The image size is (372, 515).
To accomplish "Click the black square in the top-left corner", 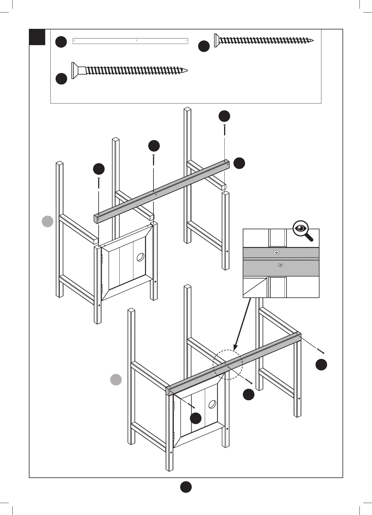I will (x=37, y=37).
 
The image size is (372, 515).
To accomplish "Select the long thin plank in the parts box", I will (x=130, y=41).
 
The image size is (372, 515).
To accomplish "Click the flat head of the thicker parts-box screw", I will (x=74, y=70).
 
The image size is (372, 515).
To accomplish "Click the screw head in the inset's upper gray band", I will (x=276, y=252).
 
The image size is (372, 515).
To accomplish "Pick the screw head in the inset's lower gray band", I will (x=280, y=265).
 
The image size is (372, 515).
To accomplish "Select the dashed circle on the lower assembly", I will (x=228, y=364).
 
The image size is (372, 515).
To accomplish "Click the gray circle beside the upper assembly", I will (x=47, y=221).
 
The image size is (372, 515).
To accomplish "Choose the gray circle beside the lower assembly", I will (x=116, y=380).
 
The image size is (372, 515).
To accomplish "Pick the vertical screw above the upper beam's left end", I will (x=99, y=183).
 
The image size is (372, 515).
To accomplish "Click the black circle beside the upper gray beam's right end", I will (x=239, y=163).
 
